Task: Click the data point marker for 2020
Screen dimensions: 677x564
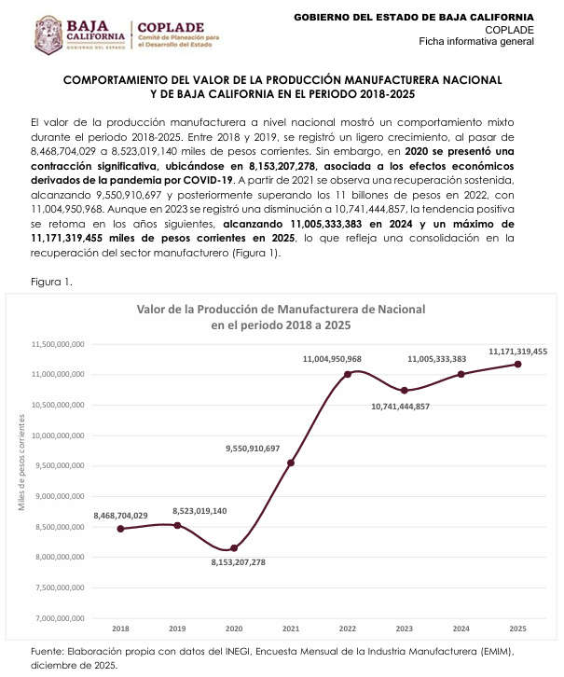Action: tap(234, 548)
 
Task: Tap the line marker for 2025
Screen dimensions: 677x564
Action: tap(517, 365)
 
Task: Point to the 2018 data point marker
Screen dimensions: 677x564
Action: tap(120, 529)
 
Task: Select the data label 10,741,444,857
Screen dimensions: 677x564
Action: tap(400, 407)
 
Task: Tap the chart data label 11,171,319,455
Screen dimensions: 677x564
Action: tap(517, 352)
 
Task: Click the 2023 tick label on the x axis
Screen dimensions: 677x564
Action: tap(404, 629)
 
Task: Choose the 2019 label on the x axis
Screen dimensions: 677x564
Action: tap(177, 629)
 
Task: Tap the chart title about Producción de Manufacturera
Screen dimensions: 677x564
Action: tap(281, 316)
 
